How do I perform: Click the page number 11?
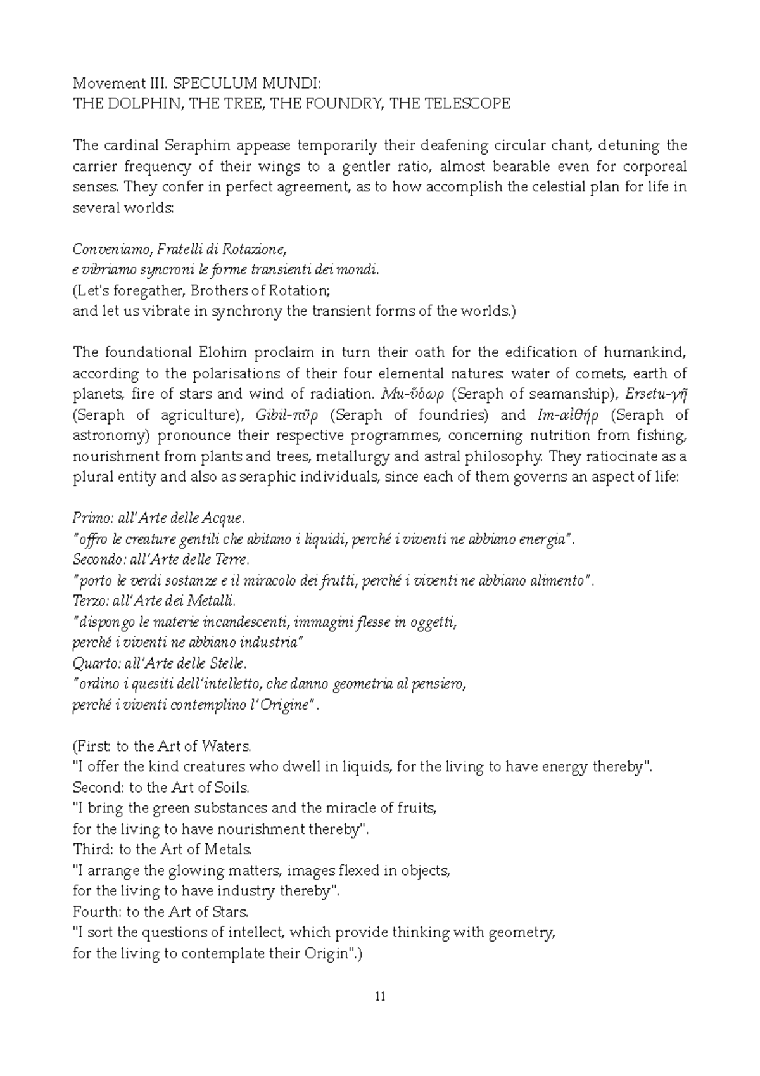pyautogui.click(x=380, y=997)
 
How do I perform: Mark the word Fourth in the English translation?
pyautogui.click(x=96, y=912)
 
